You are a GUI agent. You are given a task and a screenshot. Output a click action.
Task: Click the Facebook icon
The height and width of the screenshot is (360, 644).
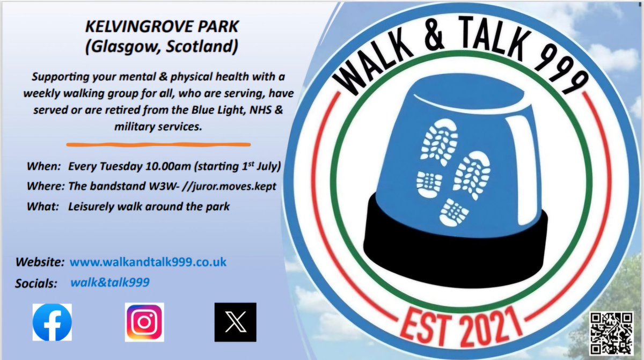coord(52,322)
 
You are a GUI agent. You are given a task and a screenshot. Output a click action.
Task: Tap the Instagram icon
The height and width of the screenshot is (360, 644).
coord(144,322)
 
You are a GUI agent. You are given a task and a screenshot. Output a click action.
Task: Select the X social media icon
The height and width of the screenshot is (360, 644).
coord(235,322)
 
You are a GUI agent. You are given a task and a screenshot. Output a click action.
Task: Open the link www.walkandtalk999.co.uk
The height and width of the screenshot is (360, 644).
coord(148,262)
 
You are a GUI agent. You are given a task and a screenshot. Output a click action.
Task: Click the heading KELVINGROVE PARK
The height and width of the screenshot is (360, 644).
coord(161,27)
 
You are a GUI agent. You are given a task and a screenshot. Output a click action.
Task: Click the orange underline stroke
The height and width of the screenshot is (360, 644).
coord(158,144)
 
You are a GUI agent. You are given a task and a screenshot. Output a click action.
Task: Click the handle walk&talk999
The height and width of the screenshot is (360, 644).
coord(109,283)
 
